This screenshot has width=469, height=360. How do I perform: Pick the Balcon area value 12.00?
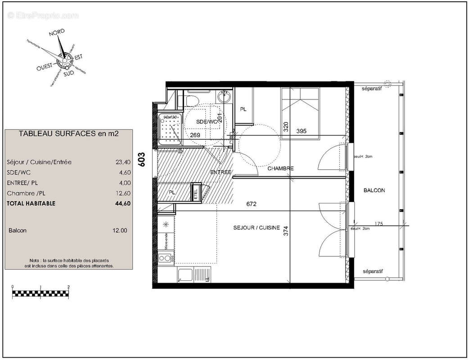pos(120,230)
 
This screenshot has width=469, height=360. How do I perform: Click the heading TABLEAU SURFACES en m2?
pos(68,134)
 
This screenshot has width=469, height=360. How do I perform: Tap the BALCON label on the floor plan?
pos(374,190)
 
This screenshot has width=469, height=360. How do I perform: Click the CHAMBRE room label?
pos(280,169)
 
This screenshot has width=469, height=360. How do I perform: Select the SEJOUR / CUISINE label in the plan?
pos(257,228)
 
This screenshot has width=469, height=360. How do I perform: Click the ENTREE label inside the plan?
pos(221,172)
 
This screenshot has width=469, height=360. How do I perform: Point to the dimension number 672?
pos(251,204)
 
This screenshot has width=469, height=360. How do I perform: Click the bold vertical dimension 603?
pos(141,160)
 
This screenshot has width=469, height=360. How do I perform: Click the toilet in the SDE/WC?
pos(192,99)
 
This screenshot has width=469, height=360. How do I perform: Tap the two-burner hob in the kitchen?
pos(165,258)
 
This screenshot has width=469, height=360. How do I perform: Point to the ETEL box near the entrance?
pos(196,192)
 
